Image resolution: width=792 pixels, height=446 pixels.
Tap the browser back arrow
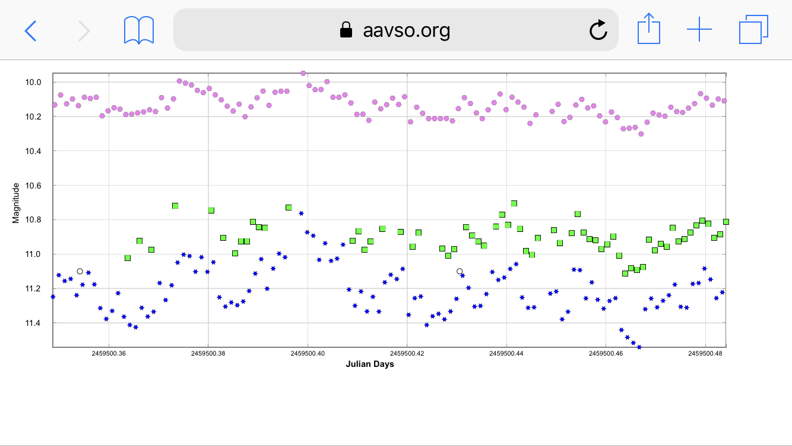(30, 30)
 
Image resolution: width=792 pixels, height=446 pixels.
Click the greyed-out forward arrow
(84, 30)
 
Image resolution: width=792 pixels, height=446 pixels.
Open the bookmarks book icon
(139, 30)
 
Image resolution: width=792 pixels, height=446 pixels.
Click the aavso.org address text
(406, 30)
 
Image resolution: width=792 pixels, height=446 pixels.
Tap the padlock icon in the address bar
(346, 30)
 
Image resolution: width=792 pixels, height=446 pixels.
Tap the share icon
(648, 29)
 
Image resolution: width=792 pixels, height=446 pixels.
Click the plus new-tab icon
(699, 29)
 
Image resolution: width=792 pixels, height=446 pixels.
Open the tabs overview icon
(753, 29)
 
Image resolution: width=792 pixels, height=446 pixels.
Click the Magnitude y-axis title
(16, 203)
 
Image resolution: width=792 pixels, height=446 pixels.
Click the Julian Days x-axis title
(370, 364)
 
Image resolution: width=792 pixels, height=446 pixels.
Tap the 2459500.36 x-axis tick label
(109, 353)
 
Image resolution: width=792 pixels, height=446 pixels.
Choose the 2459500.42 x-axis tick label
(407, 353)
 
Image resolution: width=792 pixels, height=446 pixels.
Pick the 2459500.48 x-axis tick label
(705, 353)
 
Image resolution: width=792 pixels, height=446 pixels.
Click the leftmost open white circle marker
(80, 271)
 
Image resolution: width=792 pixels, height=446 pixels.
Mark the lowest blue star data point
(639, 347)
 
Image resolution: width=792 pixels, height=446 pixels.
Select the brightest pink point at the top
(303, 73)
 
